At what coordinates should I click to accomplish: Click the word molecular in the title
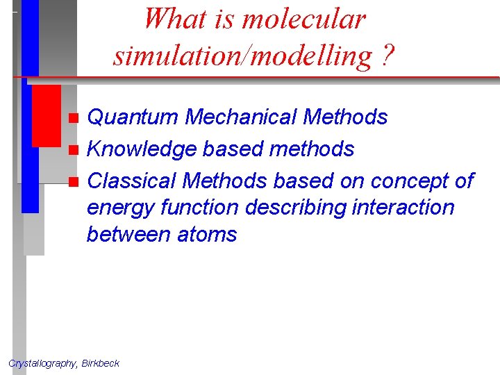click(x=302, y=19)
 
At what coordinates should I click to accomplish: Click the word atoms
click(x=207, y=234)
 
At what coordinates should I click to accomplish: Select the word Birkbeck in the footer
click(x=100, y=362)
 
